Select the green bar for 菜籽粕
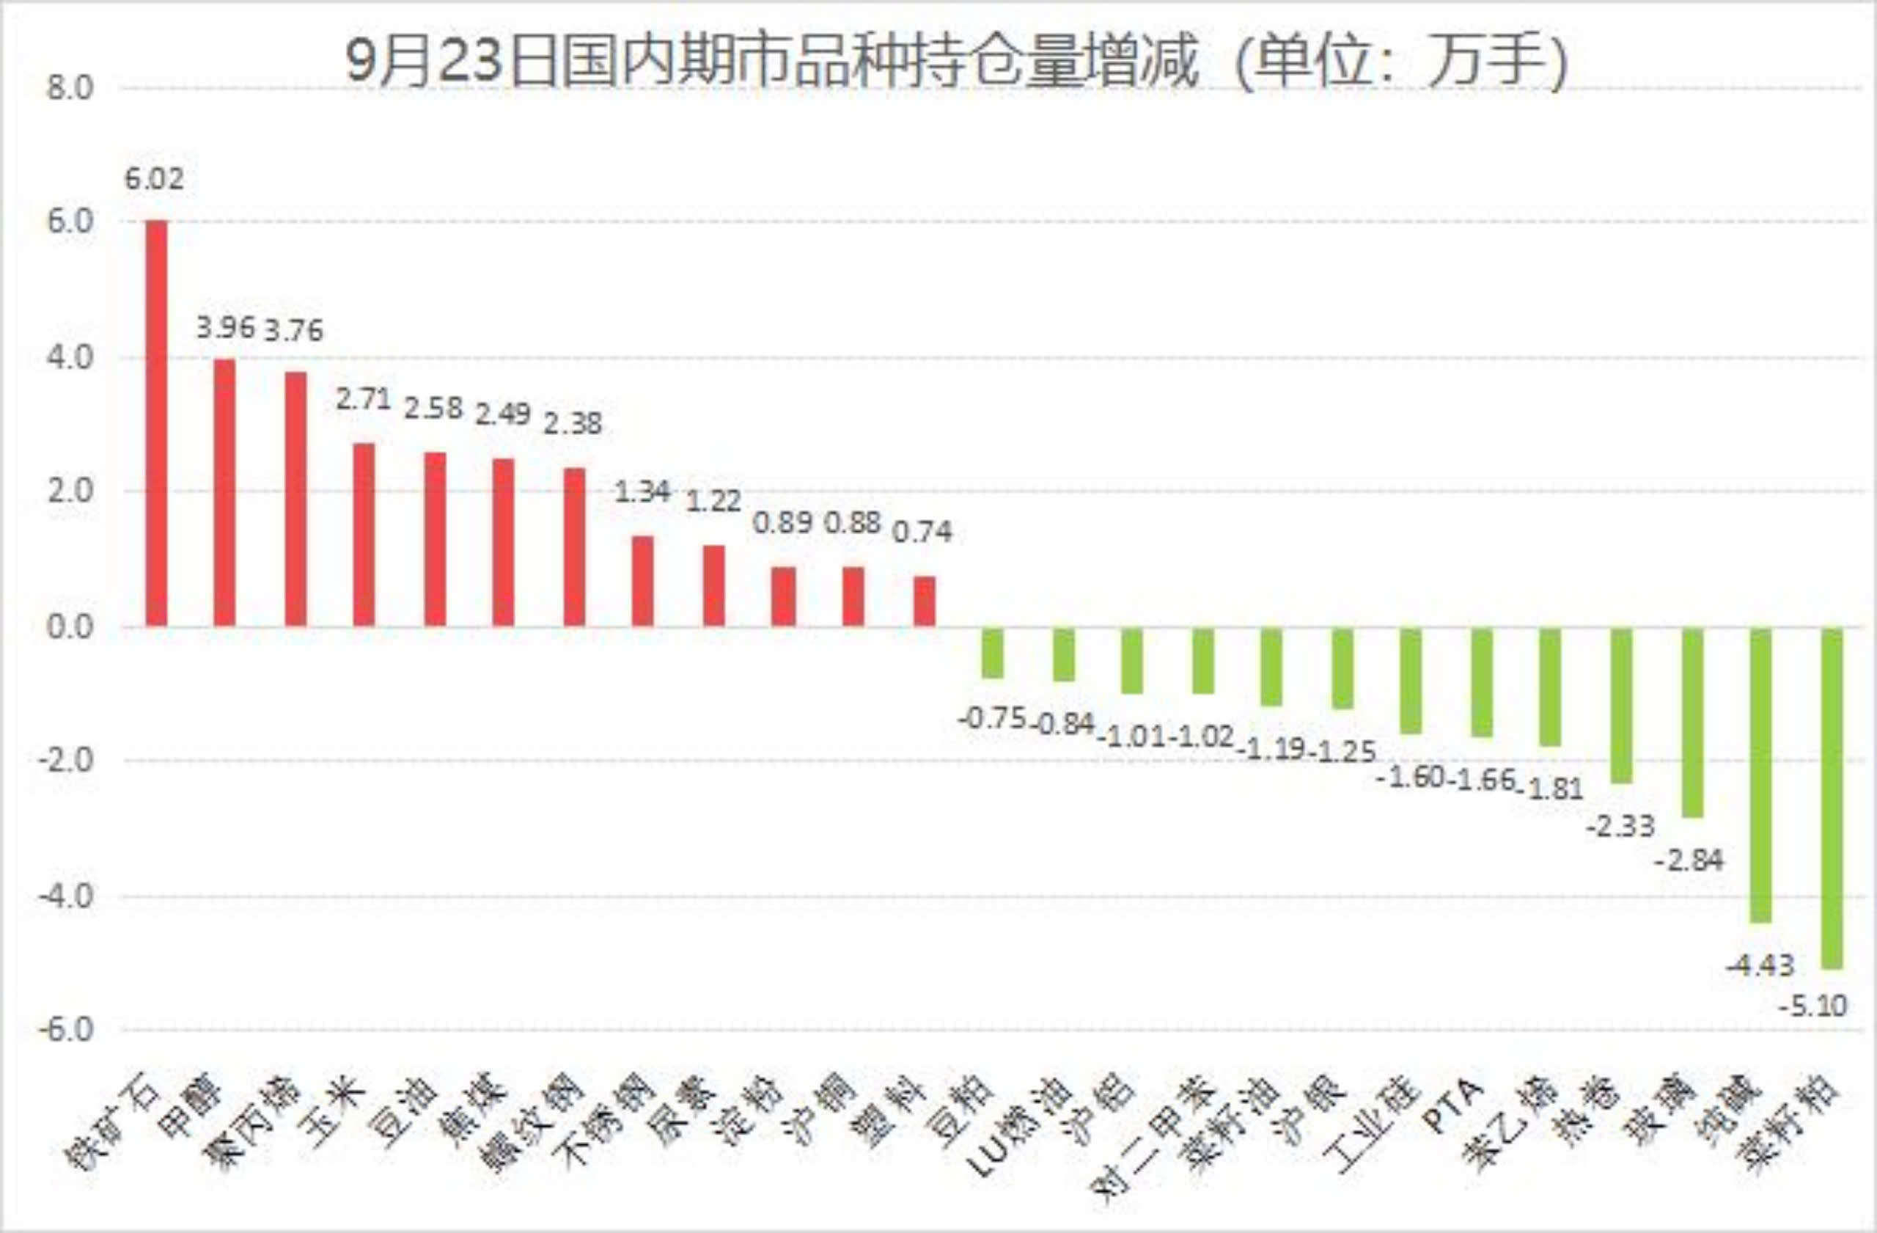tap(1832, 797)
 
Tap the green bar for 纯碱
tap(1761, 775)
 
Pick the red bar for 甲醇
tap(225, 492)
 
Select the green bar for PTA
tap(1482, 683)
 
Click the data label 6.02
tap(155, 179)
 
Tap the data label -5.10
tap(1813, 1006)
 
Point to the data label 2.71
tap(364, 399)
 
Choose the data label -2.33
tap(1620, 827)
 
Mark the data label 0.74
tap(922, 533)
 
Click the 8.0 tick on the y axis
tap(70, 87)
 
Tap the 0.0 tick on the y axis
tap(70, 628)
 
